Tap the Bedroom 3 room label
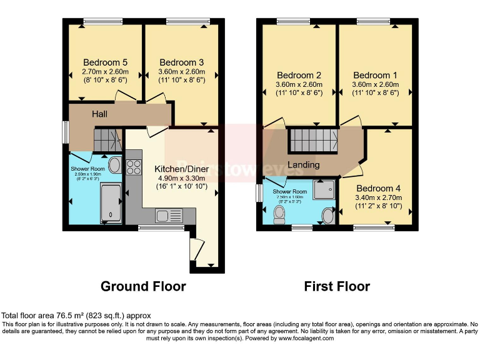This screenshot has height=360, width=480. [181, 62]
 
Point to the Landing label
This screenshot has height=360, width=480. [304, 165]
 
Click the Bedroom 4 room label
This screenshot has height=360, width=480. [378, 188]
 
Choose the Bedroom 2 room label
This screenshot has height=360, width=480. [299, 74]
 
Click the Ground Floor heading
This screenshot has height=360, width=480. [143, 286]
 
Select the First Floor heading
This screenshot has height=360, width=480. [337, 286]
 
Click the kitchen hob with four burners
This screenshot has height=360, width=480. [134, 167]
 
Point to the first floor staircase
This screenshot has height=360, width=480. [312, 140]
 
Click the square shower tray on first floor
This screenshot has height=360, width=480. [324, 189]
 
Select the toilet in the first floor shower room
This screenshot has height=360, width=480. [279, 214]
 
